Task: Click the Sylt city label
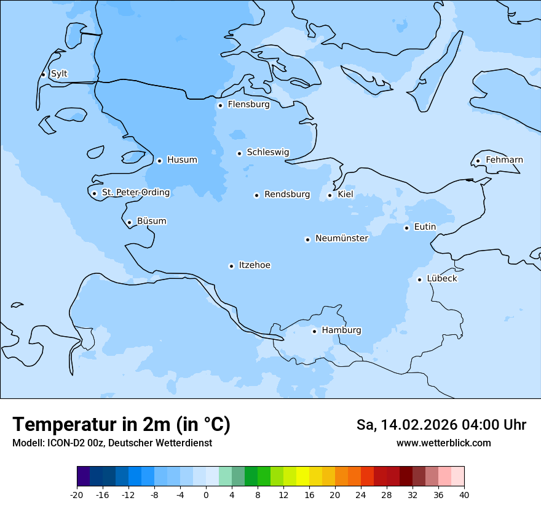pyautogui.click(x=59, y=74)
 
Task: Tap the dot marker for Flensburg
pyautogui.click(x=220, y=105)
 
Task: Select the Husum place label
pyautogui.click(x=182, y=160)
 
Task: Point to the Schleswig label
pyautogui.click(x=267, y=152)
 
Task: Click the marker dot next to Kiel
pyautogui.click(x=330, y=196)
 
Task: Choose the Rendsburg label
pyautogui.click(x=287, y=195)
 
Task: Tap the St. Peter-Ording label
pyautogui.click(x=136, y=193)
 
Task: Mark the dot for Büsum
pyautogui.click(x=129, y=223)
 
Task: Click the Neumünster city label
pyautogui.click(x=342, y=238)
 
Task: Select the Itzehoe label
pyautogui.click(x=255, y=265)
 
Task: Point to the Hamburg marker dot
pyautogui.click(x=314, y=331)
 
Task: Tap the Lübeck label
pyautogui.click(x=442, y=279)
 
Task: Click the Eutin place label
pyautogui.click(x=425, y=227)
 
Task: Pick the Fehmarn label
pyautogui.click(x=504, y=160)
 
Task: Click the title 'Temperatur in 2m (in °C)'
pyautogui.click(x=121, y=425)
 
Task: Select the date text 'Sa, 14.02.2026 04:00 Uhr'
pyautogui.click(x=441, y=425)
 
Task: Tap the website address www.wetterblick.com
pyautogui.click(x=443, y=443)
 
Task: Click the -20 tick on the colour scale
pyautogui.click(x=77, y=494)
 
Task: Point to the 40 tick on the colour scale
pyautogui.click(x=464, y=494)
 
